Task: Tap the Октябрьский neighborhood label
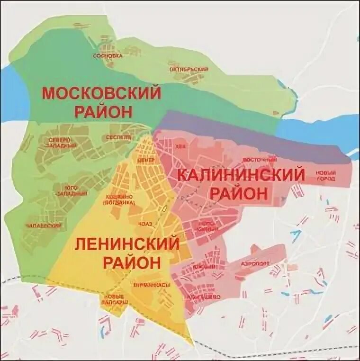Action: [189, 70]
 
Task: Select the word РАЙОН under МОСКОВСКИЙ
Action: [101, 112]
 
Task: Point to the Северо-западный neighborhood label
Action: [62, 142]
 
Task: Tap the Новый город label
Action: [326, 175]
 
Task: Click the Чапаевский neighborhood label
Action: [48, 226]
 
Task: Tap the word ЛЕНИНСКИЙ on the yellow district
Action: [127, 245]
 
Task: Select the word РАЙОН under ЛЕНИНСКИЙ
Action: [131, 263]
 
